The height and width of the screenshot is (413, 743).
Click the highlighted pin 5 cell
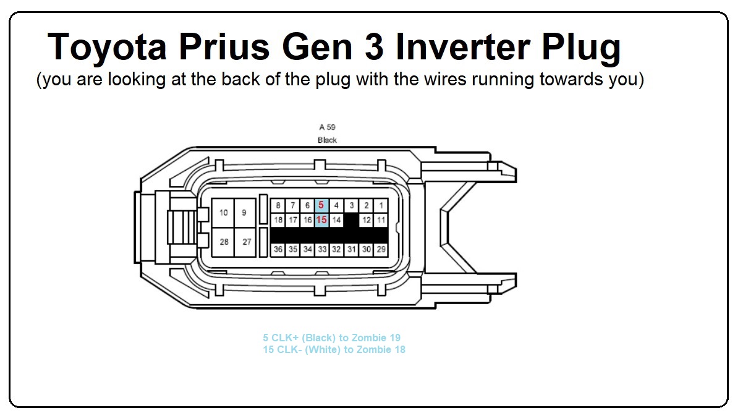coord(322,206)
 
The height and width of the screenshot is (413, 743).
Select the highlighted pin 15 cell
coord(322,220)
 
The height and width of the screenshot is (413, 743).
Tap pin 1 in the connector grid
coord(381,206)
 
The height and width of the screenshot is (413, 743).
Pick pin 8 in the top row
coord(278,206)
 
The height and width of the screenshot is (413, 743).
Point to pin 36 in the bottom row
coord(278,249)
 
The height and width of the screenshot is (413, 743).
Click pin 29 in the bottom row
coord(381,249)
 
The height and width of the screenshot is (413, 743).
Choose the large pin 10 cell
coord(223,213)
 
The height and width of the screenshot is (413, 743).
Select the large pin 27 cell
coord(245,242)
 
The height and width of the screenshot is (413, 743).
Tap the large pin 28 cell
coord(223,242)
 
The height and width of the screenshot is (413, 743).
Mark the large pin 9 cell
coord(245,213)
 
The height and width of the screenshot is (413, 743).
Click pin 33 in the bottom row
coord(322,249)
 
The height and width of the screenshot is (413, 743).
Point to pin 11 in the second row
coord(381,220)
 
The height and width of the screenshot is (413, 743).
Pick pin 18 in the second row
coord(278,220)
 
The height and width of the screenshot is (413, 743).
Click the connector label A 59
coord(327,127)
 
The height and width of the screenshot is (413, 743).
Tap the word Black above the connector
coord(327,140)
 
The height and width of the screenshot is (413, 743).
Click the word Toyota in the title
coord(107,47)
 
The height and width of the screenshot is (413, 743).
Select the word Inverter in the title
coord(462,47)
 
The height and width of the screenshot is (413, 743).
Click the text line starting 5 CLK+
coord(332,338)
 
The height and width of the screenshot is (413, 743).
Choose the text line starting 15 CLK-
coord(334,350)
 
